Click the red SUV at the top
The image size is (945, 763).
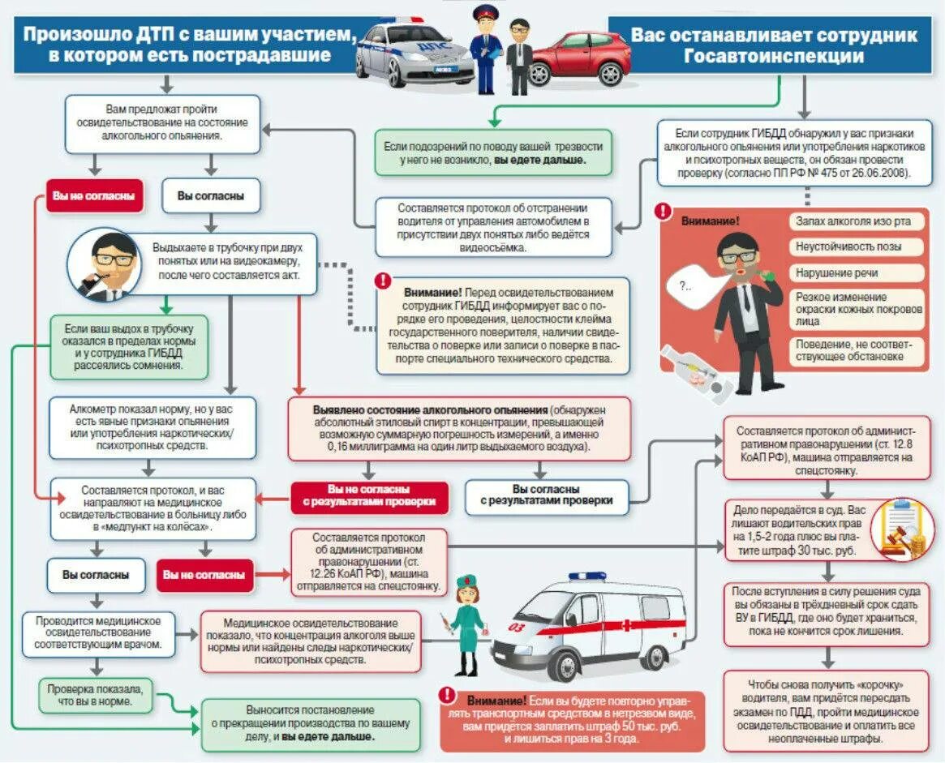(578, 58)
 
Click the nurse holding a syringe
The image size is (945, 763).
(468, 624)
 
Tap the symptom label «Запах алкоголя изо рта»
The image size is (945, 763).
(857, 221)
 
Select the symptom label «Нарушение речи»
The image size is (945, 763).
(857, 272)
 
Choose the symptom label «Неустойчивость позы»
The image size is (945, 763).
(857, 246)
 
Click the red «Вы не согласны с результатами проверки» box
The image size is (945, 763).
(369, 495)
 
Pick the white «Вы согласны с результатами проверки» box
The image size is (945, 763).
(546, 495)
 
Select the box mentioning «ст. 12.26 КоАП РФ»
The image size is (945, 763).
(368, 560)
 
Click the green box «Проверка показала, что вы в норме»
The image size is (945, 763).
(97, 696)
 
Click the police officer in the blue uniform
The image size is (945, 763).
(486, 49)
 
